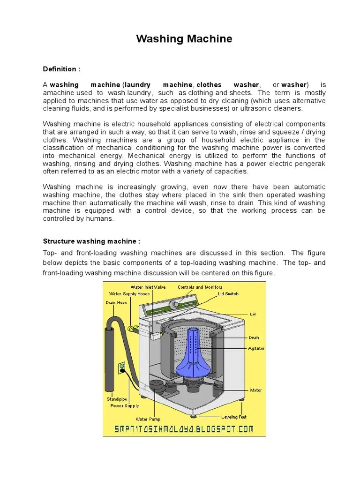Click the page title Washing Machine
pos(184,39)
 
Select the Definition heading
pos(61,69)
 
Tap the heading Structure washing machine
pos(91,241)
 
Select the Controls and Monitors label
pos(200,287)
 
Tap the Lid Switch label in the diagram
pos(228,294)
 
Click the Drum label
pos(254,337)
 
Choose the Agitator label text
pos(256,348)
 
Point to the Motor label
pos(256,390)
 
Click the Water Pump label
pos(148,419)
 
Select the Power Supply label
pos(125,406)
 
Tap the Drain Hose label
pos(116,302)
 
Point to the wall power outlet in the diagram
pos(122,367)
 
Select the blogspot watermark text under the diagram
pos(184,428)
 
